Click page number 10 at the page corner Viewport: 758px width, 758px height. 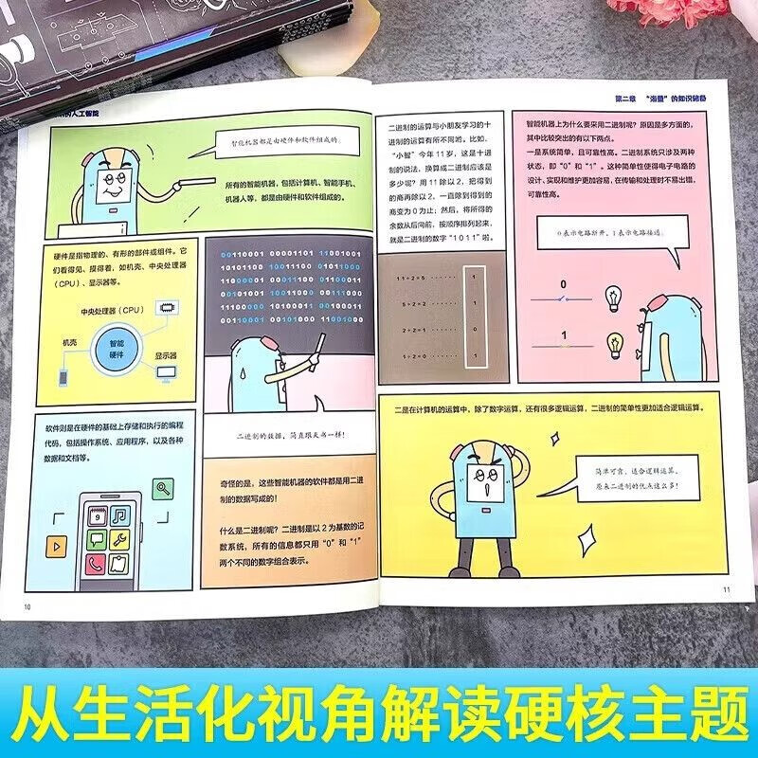pyautogui.click(x=27, y=606)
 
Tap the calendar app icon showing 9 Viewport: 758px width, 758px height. pyautogui.click(x=95, y=517)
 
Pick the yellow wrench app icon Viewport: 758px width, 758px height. pyautogui.click(x=121, y=541)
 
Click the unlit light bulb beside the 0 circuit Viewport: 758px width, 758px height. pyautogui.click(x=612, y=298)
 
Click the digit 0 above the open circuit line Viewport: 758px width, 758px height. pyautogui.click(x=563, y=283)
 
